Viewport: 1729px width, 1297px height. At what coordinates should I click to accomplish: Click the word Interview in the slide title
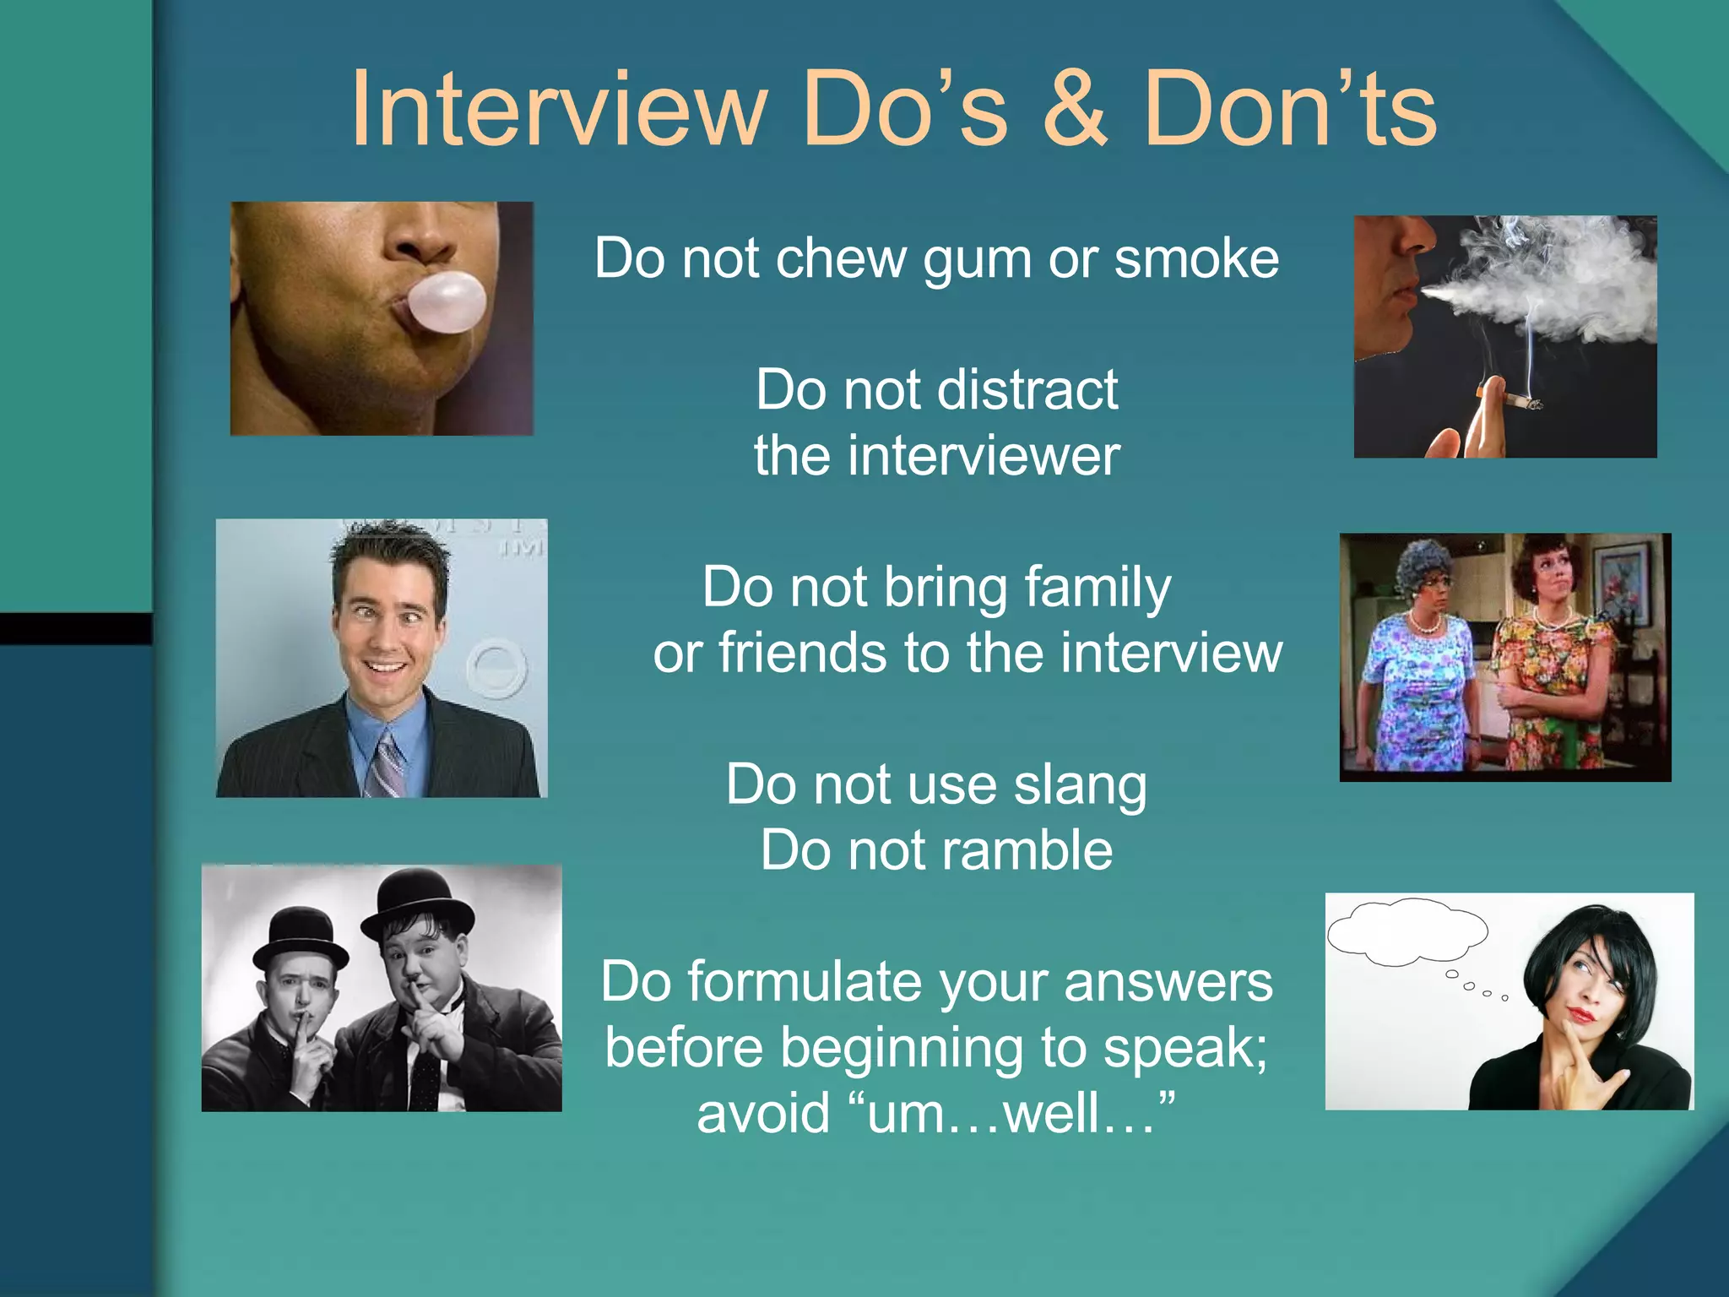point(558,110)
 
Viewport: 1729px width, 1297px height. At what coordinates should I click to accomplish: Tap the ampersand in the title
point(1074,110)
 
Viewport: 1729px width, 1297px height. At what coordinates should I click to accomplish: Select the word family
point(1098,589)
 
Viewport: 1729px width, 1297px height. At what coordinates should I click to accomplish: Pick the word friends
point(802,654)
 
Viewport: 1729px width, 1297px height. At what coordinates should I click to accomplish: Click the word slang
point(1080,785)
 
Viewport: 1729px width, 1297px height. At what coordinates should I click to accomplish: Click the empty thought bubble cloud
point(1406,931)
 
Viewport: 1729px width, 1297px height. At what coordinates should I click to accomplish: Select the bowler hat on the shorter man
point(299,936)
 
